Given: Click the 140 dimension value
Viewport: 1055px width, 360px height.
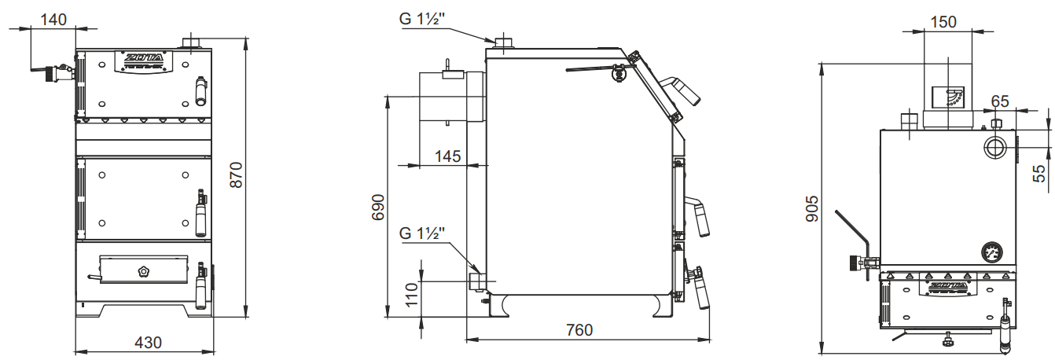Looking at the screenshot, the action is (53, 20).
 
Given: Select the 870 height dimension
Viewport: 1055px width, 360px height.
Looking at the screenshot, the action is (236, 174).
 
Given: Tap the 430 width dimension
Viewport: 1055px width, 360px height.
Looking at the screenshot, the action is (148, 343).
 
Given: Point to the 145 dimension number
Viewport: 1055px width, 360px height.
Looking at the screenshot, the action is (447, 156).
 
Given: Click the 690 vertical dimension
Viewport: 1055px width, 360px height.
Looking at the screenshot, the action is (378, 208).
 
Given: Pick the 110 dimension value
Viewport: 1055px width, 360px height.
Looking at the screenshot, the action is (412, 295).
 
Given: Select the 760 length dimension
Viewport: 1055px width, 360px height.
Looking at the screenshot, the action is (579, 330).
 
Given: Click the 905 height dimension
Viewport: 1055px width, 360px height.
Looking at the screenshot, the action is (812, 209).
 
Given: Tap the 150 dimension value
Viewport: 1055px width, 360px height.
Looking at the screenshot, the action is (943, 22).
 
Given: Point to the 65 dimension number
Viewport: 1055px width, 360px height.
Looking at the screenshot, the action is (1000, 101).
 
